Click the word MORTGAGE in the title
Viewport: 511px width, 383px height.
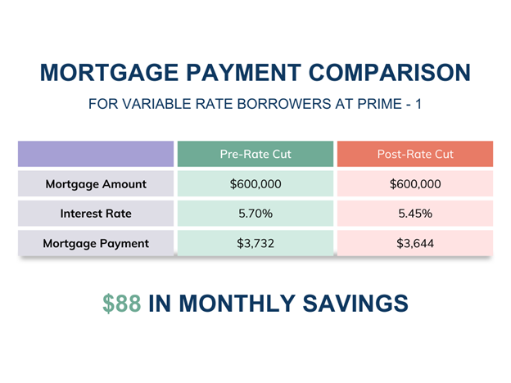coord(109,72)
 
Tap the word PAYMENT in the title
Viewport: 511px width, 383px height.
coord(244,72)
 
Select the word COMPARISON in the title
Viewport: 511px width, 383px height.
coord(390,72)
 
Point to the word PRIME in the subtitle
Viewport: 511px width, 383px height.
coord(380,104)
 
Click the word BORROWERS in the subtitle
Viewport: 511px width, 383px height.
coord(284,104)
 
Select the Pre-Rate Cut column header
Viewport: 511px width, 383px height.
coord(255,154)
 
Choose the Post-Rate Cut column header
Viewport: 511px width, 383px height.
coord(415,154)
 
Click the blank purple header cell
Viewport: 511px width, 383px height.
coord(96,154)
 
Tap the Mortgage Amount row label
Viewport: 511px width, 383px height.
coord(96,184)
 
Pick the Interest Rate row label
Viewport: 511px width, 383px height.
coord(96,214)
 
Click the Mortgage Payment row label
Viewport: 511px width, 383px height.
coord(96,243)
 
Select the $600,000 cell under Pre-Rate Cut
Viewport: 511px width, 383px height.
coord(255,184)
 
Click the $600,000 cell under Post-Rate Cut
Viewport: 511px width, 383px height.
coord(415,184)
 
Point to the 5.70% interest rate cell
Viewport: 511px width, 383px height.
coord(255,214)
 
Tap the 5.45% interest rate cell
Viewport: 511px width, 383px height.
coord(415,214)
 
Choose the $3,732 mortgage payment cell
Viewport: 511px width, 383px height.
coord(255,243)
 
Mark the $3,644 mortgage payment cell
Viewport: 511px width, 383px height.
coord(415,243)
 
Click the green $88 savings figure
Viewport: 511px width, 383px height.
coord(122,304)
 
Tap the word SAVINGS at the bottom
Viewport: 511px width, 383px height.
coord(355,304)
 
